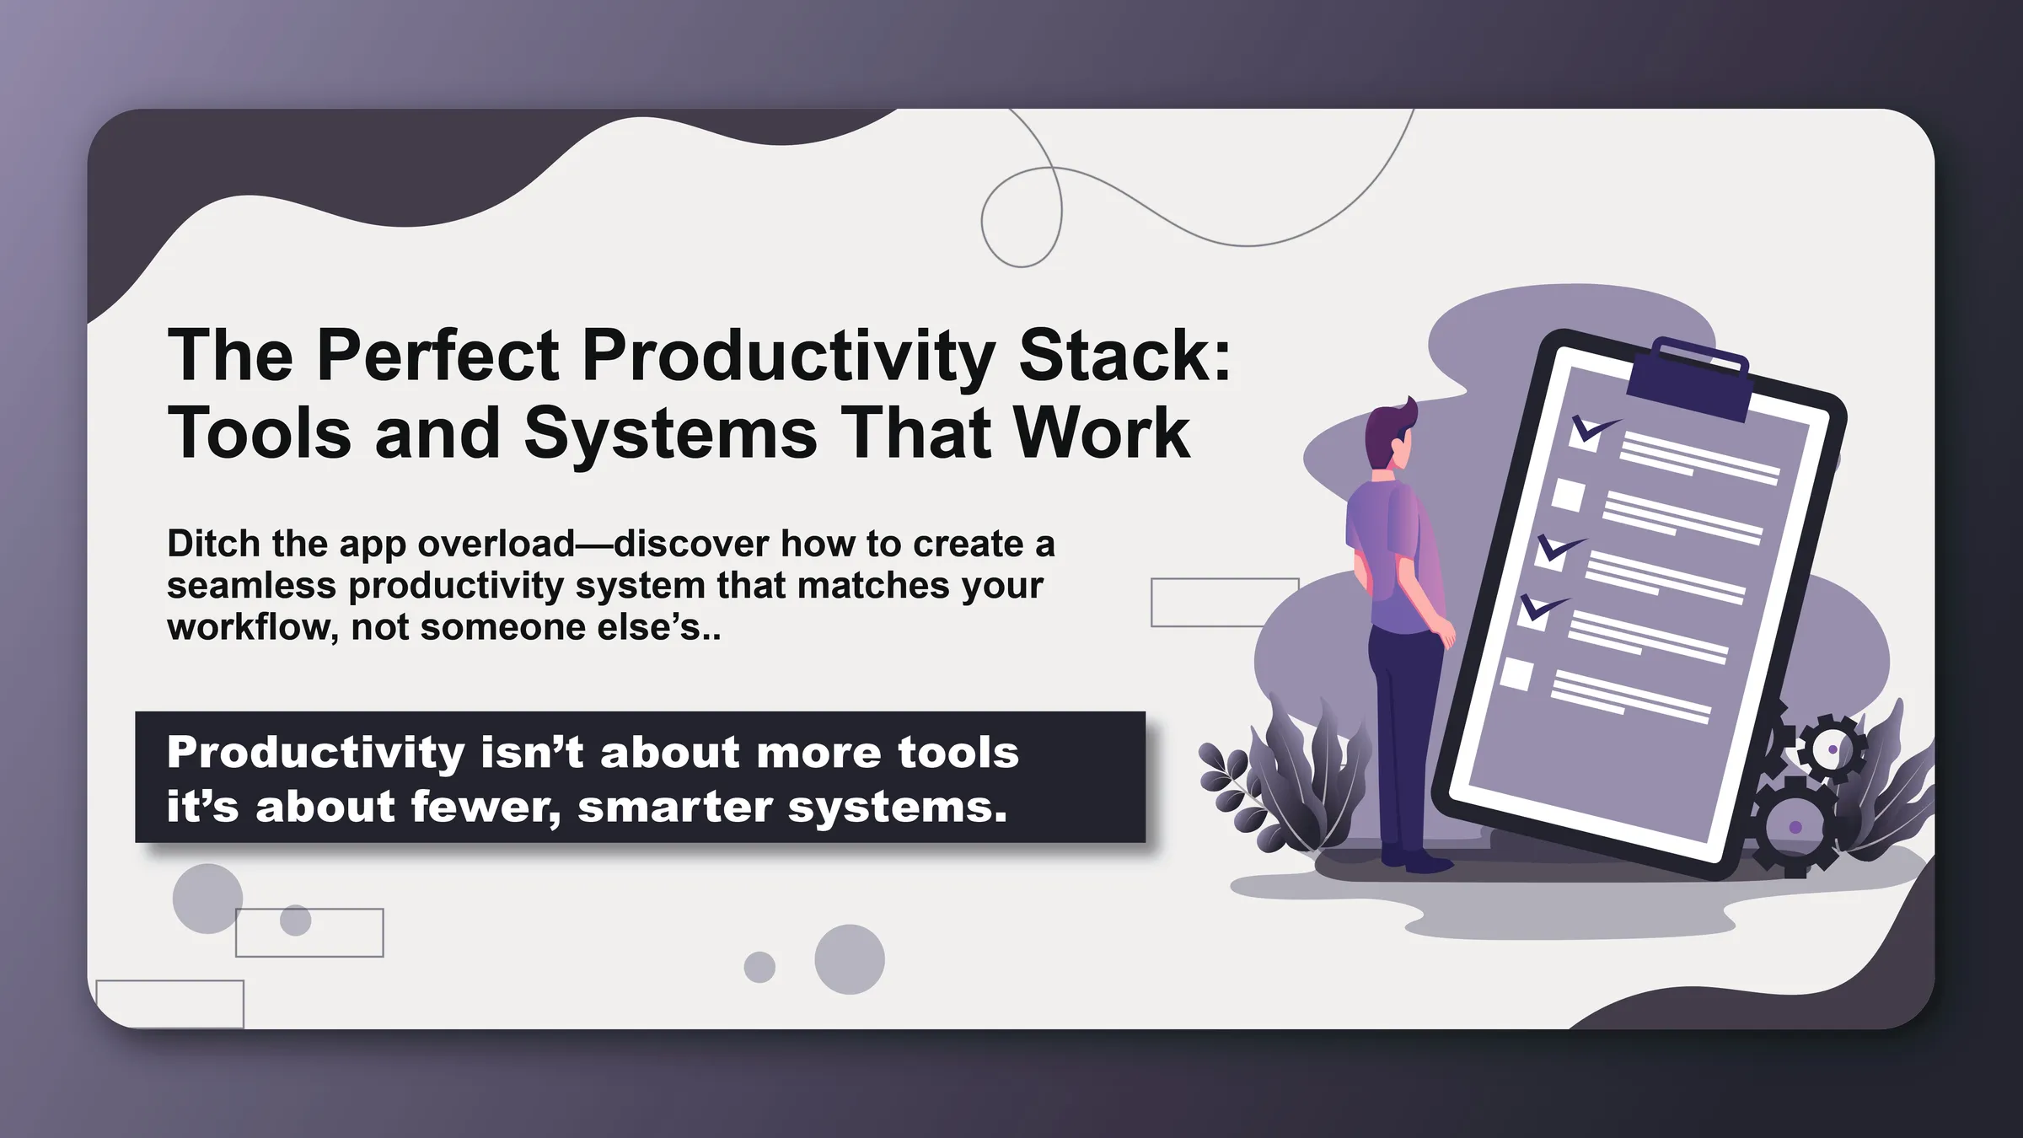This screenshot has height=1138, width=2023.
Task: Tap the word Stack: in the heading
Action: [1124, 357]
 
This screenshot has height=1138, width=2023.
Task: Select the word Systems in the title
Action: [670, 434]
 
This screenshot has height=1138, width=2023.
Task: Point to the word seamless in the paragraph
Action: [250, 586]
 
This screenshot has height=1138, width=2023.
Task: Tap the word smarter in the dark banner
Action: [674, 808]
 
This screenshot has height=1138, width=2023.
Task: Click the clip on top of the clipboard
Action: [1690, 380]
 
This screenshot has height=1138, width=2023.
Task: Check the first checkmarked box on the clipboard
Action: [1586, 433]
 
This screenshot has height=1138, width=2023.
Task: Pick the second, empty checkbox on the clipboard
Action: [1568, 495]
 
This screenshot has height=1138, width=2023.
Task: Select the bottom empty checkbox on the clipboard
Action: [1516, 674]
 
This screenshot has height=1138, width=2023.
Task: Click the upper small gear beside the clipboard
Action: [1833, 749]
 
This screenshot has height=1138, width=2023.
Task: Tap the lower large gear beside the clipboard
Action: [1796, 827]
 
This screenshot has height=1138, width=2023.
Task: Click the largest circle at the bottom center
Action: [849, 959]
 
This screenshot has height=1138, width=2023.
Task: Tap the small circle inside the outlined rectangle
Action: [295, 920]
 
